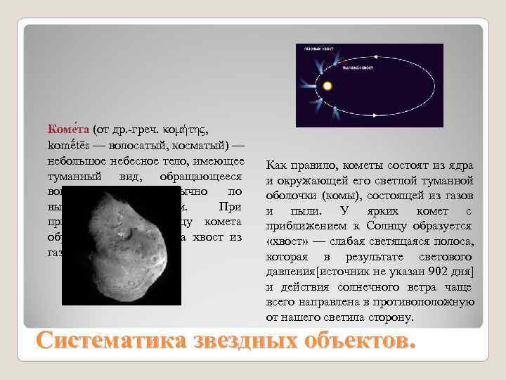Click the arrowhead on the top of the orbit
[375, 57]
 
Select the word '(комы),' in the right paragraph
[334, 196]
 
